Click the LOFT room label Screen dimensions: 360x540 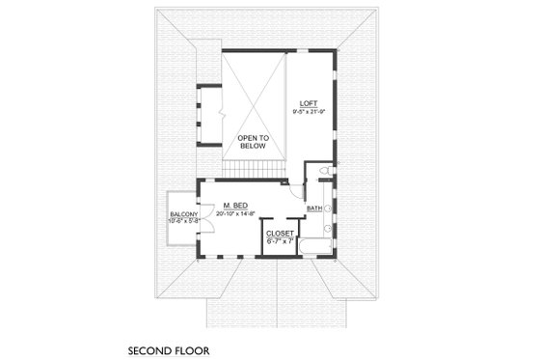309,103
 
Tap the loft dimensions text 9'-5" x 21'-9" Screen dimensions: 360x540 309,112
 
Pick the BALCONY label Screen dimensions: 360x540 183,214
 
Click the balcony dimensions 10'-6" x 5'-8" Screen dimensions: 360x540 183,222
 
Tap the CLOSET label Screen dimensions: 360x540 280,233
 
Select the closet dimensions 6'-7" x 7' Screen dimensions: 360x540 280,240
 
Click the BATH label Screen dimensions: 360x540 314,208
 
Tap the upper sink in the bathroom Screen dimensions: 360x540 329,208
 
